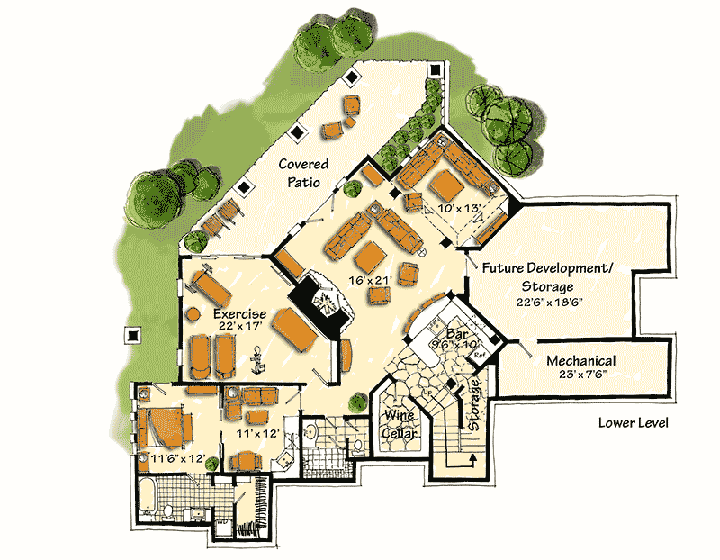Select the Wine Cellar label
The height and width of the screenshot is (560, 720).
coord(399,422)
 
